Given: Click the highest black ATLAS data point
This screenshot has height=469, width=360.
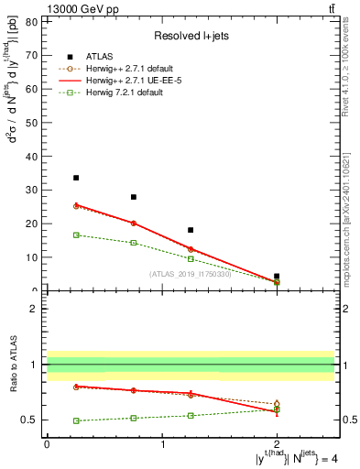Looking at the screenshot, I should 76,178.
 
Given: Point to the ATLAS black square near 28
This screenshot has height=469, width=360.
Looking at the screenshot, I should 134,197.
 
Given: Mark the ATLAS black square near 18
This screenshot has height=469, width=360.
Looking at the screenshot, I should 191,230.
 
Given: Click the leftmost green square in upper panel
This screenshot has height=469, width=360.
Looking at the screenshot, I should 76,235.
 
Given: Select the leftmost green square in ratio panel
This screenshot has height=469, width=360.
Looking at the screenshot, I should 76,420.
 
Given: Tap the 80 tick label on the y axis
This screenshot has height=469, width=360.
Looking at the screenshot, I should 33,21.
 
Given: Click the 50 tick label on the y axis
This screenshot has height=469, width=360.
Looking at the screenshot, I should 33,123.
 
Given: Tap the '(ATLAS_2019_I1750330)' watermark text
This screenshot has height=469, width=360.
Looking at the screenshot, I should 191,274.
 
